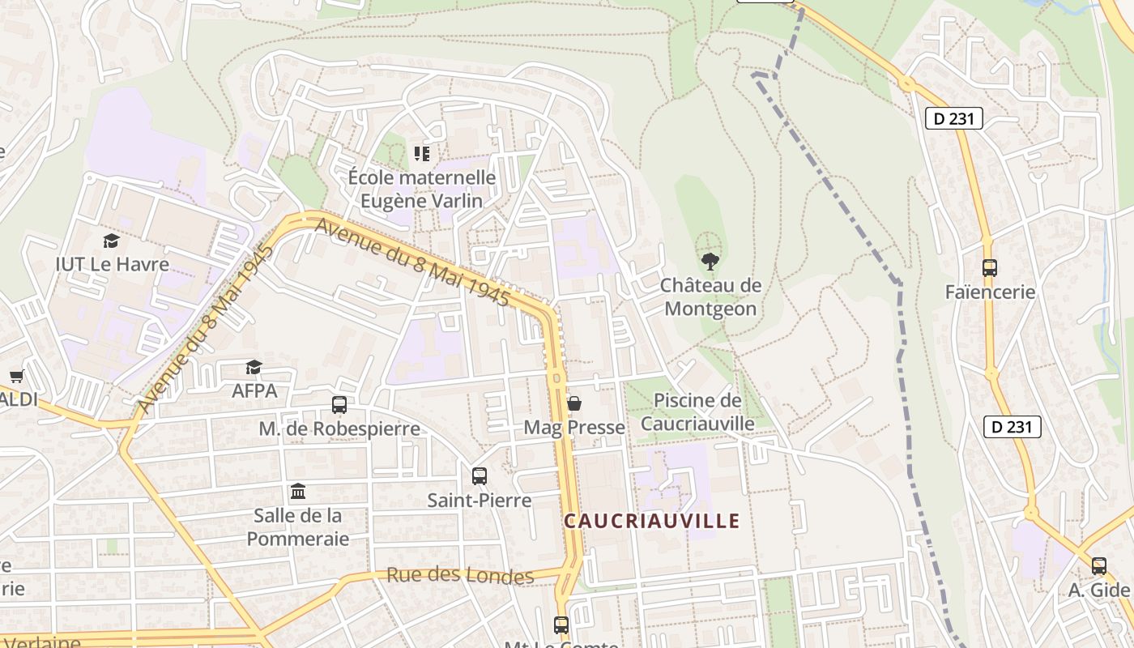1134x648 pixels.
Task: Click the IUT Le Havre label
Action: coord(112,264)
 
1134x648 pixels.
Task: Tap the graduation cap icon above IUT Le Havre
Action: coord(111,241)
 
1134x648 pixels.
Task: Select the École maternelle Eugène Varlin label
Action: coord(421,189)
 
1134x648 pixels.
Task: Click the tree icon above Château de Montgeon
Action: coord(710,261)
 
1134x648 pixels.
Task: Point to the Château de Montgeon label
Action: coord(710,296)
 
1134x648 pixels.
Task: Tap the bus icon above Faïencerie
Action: coord(989,268)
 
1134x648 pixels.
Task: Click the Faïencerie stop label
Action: coord(990,292)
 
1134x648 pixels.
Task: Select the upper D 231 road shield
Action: coord(953,119)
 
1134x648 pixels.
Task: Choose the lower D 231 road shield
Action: coord(1012,427)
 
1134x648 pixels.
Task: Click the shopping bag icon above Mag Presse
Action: coord(574,403)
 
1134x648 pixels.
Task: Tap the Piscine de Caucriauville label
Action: coord(697,411)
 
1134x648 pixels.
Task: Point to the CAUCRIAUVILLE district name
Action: coord(652,521)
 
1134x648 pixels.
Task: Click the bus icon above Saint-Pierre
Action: coord(480,476)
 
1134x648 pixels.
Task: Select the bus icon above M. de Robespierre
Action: coord(339,404)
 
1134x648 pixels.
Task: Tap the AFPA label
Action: coord(254,390)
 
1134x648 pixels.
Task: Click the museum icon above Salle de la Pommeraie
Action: coord(298,492)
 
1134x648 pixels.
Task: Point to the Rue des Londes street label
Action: coord(459,575)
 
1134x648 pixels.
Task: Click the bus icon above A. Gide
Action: coord(1099,566)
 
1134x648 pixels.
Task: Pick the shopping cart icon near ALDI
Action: coord(16,376)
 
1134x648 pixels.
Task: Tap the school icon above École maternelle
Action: coord(421,153)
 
